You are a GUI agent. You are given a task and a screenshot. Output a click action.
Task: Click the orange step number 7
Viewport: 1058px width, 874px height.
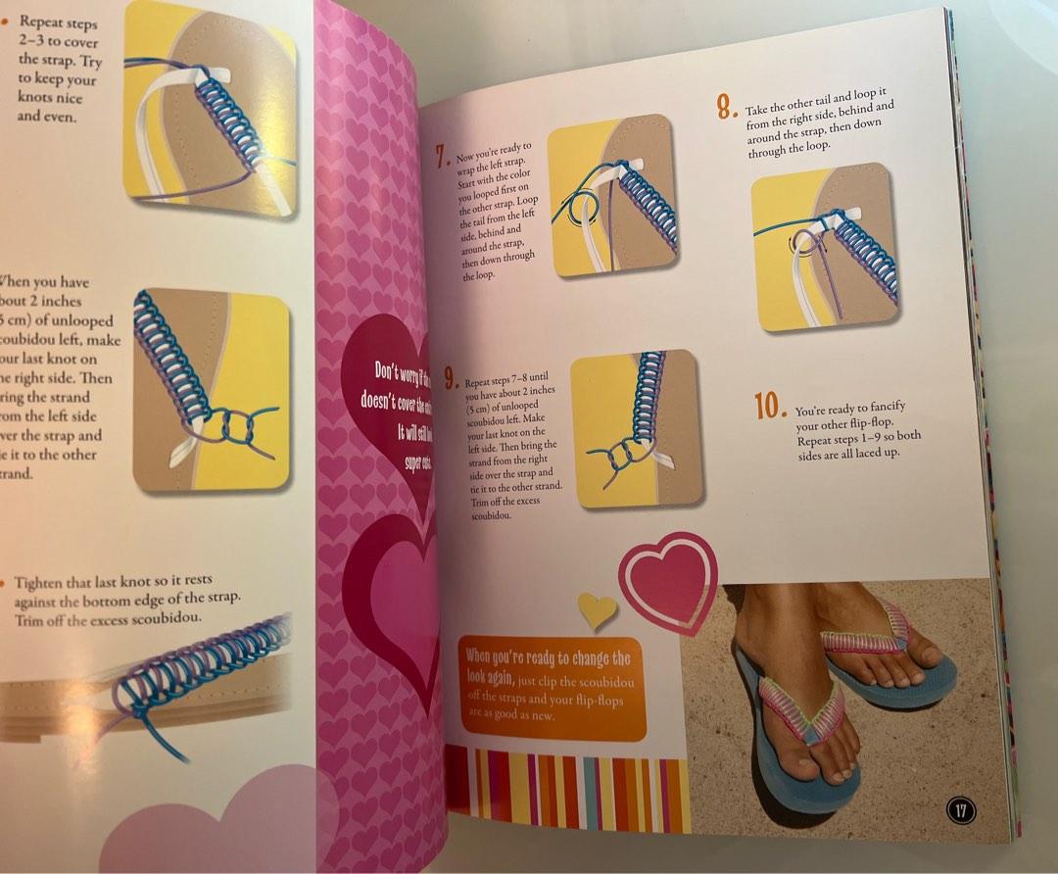click(x=443, y=156)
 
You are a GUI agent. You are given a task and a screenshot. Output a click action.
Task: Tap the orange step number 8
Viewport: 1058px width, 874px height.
click(x=726, y=106)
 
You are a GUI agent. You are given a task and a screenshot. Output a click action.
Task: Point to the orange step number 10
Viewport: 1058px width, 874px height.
click(x=771, y=406)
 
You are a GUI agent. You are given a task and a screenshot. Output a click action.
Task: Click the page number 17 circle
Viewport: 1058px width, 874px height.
click(x=962, y=810)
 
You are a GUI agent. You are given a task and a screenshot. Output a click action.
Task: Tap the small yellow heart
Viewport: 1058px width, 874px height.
click(x=597, y=609)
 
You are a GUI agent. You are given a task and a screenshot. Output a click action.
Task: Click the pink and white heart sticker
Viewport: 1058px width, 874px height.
click(x=670, y=582)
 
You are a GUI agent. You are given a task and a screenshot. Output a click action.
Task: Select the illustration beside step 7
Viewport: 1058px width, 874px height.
click(x=611, y=195)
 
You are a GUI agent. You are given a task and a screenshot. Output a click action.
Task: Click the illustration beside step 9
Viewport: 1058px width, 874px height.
click(x=636, y=428)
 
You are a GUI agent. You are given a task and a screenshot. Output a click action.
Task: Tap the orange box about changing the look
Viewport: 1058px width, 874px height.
click(x=553, y=686)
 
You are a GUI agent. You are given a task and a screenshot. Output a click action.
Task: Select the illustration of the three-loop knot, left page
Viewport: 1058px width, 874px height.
click(x=212, y=389)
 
